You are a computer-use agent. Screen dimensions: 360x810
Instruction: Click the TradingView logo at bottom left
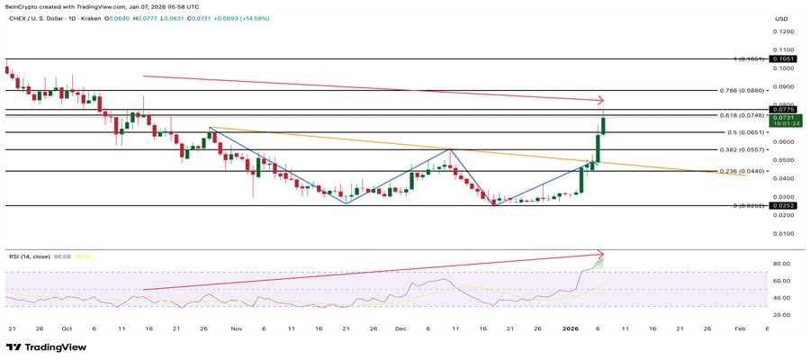pyautogui.click(x=47, y=347)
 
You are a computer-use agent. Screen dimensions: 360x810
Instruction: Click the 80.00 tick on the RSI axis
pyautogui.click(x=780, y=264)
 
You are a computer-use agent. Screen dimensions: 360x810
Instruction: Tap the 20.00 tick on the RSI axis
pyautogui.click(x=780, y=315)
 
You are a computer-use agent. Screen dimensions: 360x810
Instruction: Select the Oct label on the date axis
pyautogui.click(x=67, y=329)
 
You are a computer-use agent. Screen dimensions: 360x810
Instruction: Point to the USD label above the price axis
pyautogui.click(x=781, y=17)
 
